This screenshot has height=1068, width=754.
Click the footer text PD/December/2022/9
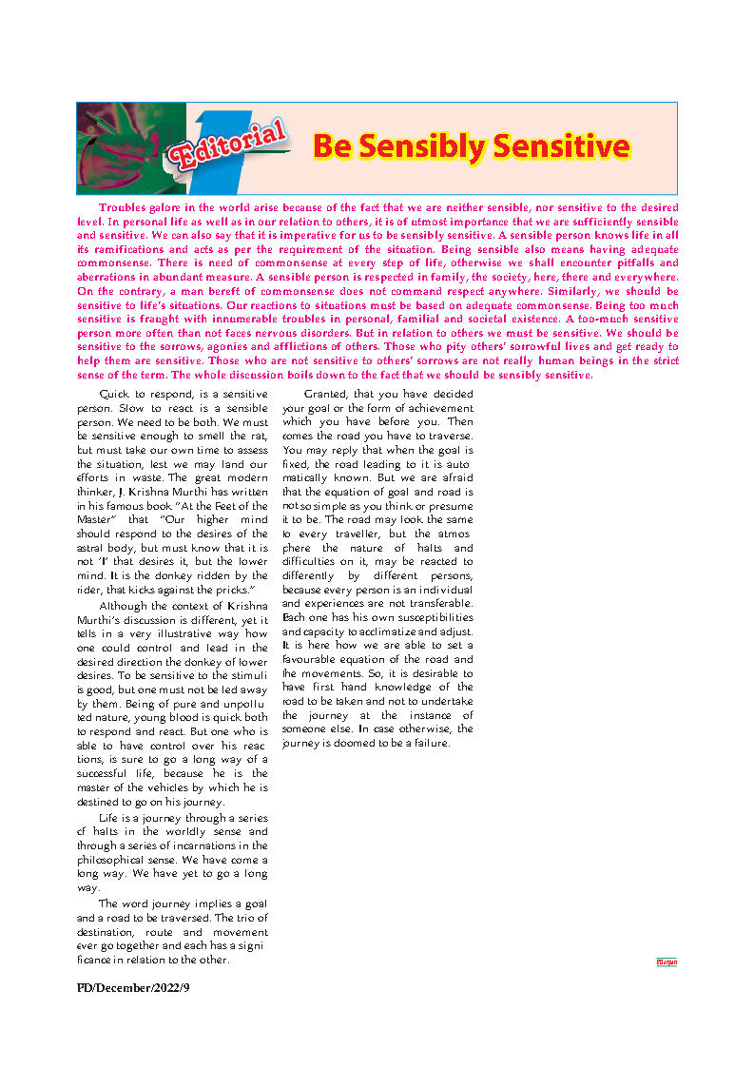pyautogui.click(x=134, y=988)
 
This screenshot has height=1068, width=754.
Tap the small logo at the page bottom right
pyautogui.click(x=667, y=962)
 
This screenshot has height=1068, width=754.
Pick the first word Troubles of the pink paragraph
pyautogui.click(x=123, y=206)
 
